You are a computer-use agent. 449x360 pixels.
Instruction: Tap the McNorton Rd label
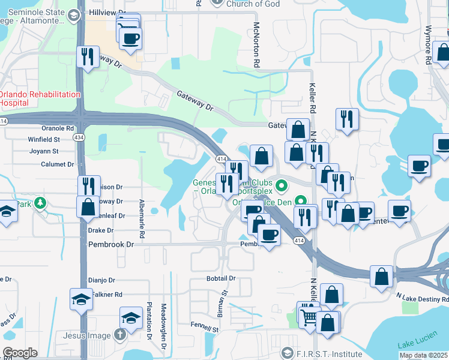(256, 45)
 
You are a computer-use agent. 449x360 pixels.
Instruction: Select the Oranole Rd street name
(57, 128)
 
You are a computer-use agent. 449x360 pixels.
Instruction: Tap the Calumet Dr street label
(57, 164)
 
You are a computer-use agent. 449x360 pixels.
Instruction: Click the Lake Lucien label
(414, 344)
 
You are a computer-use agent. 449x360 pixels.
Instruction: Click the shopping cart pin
(309, 317)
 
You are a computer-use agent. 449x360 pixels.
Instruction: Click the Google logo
(20, 353)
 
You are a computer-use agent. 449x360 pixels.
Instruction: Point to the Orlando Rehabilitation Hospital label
(40, 98)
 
